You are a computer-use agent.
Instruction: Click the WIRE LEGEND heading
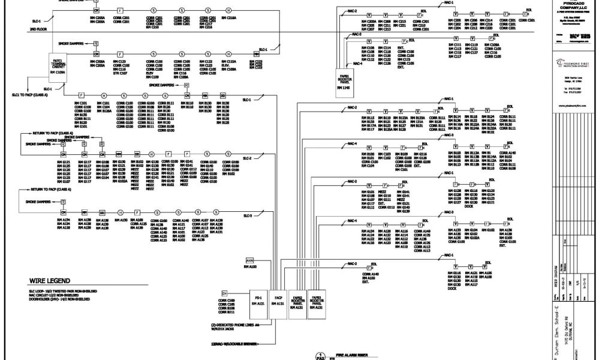(x=53, y=281)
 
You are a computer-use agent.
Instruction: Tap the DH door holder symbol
(x=225, y=293)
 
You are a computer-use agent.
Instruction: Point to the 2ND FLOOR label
(x=38, y=29)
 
